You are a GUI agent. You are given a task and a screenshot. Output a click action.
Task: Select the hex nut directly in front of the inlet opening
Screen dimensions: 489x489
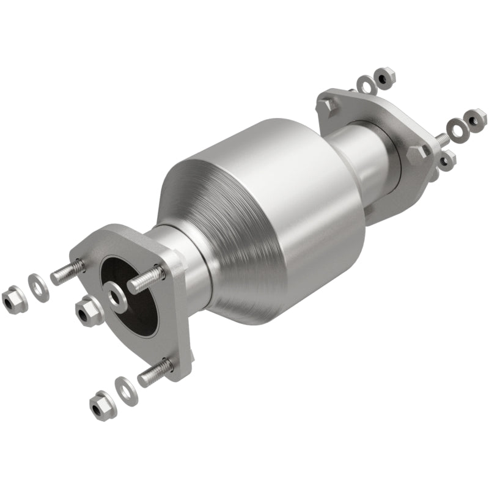pos(89,312)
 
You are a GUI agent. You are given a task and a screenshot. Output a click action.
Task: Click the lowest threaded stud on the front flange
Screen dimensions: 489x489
pos(155,373)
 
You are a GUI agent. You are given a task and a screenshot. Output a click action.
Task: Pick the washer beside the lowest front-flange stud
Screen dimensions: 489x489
pos(127,390)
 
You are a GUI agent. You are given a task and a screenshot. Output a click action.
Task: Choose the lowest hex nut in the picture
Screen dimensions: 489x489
pos(102,404)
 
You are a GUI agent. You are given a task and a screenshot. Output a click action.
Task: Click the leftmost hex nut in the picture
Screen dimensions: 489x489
pos(13,299)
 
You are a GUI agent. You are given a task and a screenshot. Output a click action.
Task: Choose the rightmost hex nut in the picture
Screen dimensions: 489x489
pos(475,117)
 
